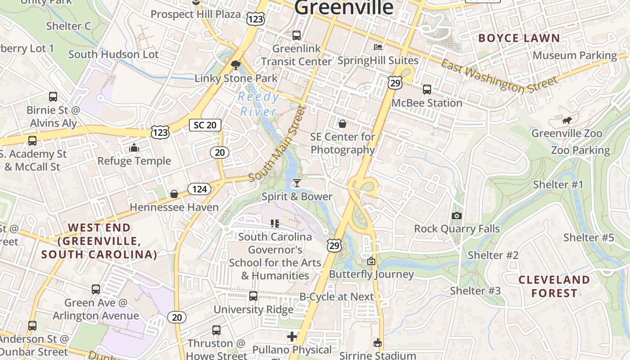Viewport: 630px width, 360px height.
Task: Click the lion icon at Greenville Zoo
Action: coord(567,120)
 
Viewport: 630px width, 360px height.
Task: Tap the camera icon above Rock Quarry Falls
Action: coord(457,216)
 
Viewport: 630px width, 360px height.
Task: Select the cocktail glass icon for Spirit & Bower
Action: coord(297,183)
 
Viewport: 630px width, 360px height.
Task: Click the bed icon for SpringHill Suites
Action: coord(378,47)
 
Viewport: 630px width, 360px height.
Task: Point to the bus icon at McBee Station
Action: coord(427,90)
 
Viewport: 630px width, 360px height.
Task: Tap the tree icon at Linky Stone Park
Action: coord(235,66)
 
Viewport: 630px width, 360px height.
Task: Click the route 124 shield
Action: coord(199,189)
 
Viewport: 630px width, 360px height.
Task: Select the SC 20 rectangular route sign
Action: coord(205,125)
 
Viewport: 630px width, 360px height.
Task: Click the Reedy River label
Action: coord(258,104)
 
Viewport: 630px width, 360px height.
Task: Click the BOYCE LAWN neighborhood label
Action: coord(519,38)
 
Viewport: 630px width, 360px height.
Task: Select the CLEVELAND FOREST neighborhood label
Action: coord(554,286)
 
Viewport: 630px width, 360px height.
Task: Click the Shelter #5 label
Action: coord(589,238)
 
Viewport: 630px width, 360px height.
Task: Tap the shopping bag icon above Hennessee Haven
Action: coord(174,194)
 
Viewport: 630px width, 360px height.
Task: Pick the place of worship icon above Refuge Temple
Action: coord(134,148)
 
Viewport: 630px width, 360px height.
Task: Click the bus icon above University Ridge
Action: coord(253,296)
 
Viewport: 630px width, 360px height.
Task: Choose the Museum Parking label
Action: coord(575,55)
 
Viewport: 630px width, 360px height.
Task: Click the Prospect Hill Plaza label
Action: coord(195,14)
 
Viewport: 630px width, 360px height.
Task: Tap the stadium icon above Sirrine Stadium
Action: coord(378,343)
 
